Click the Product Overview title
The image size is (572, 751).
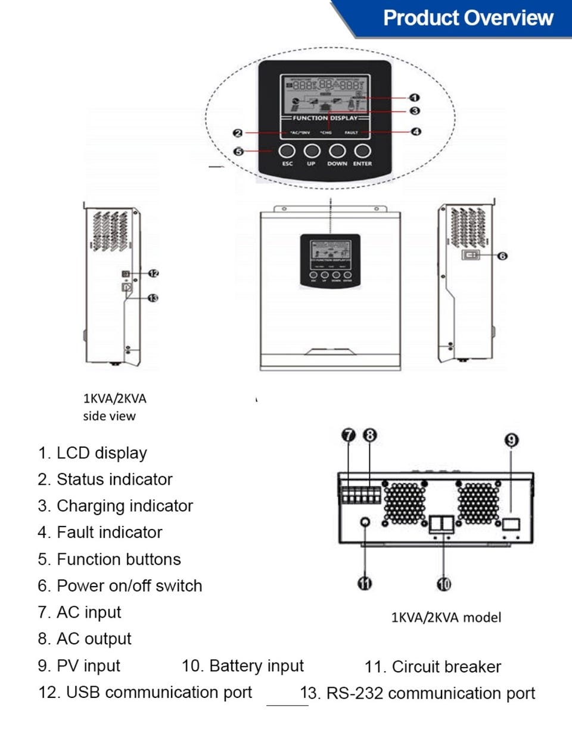pos(468,18)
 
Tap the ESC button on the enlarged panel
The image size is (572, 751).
pos(287,151)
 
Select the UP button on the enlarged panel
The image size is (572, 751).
pos(312,151)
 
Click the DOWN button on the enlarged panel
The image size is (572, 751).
pos(337,151)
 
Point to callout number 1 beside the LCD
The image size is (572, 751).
pos(415,98)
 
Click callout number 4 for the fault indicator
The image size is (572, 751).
pos(416,132)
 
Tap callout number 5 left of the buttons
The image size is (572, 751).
pos(238,151)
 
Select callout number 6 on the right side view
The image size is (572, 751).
pos(502,256)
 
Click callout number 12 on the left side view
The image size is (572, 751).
pos(154,273)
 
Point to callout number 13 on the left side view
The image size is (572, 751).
pos(153,298)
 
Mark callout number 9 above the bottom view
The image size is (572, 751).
pos(511,440)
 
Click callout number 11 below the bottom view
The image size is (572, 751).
pos(365,584)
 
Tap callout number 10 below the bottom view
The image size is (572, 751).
pos(444,584)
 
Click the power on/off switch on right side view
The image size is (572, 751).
pos(471,255)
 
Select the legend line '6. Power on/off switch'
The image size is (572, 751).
pos(120,586)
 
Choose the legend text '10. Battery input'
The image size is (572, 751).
pos(243,666)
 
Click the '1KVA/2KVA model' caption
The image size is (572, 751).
pos(446,618)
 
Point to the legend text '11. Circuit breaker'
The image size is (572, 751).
pos(433,667)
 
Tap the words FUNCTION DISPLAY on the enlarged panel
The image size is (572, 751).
pos(325,118)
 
